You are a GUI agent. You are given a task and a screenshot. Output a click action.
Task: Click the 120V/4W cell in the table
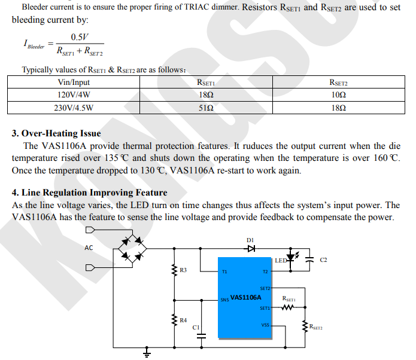tap(74, 94)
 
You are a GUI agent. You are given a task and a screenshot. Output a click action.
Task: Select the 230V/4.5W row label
tap(74, 108)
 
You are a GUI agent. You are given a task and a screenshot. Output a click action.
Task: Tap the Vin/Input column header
tap(74, 82)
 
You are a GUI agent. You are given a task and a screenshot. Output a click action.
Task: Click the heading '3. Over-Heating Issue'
tap(56, 133)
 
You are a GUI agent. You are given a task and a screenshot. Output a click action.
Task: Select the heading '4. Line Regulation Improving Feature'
tap(89, 193)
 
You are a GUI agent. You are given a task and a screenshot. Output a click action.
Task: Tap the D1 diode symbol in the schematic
tap(250, 248)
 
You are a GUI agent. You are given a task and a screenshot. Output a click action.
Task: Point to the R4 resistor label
tap(183, 321)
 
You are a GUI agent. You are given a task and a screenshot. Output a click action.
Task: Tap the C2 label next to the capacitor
tap(324, 260)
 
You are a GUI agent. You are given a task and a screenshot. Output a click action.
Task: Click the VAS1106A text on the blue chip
tap(245, 297)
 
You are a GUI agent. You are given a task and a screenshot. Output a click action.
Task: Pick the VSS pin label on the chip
tap(265, 325)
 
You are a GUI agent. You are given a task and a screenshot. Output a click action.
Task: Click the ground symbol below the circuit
tap(145, 353)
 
